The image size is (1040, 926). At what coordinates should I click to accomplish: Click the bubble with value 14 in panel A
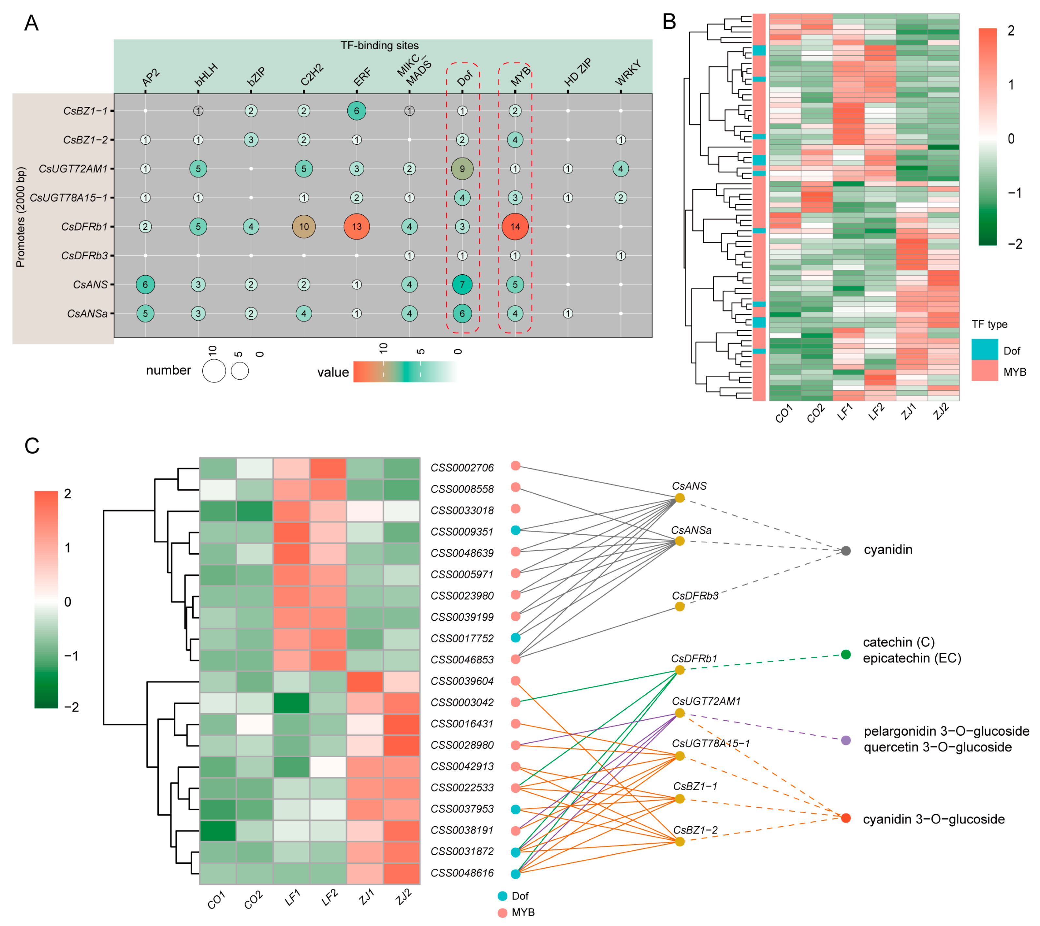[x=515, y=226]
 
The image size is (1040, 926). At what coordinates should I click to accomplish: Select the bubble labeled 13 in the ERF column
[x=357, y=226]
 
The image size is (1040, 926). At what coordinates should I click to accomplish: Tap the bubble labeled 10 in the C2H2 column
[x=304, y=226]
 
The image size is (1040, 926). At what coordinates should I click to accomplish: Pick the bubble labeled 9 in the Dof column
[x=462, y=169]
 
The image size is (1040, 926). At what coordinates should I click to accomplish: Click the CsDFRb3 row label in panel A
[x=84, y=255]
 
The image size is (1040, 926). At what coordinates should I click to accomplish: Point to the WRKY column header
[x=628, y=73]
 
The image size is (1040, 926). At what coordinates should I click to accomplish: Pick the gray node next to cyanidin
[x=846, y=551]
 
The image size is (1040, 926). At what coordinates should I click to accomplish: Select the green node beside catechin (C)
[x=846, y=654]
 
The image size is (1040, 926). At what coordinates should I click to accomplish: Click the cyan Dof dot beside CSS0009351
[x=515, y=530]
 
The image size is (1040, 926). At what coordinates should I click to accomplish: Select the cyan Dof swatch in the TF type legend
[x=985, y=350]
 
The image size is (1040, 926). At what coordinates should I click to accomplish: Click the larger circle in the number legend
[x=214, y=371]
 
